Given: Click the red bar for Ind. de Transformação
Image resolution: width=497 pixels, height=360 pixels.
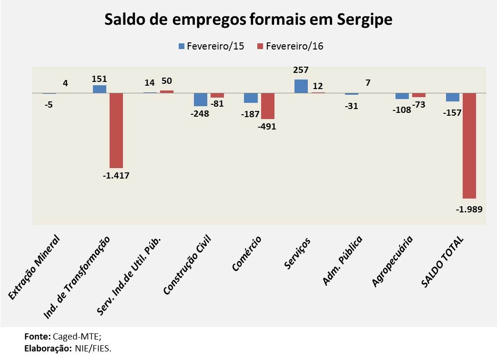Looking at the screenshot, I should [x=116, y=130].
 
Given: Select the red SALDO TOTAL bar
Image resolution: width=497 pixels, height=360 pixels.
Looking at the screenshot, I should [x=469, y=145].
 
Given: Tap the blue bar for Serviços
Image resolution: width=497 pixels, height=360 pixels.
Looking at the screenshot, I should [x=301, y=86].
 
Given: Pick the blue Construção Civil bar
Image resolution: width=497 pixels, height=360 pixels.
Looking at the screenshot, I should [x=201, y=99].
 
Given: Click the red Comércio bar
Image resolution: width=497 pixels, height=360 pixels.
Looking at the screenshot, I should [x=267, y=106].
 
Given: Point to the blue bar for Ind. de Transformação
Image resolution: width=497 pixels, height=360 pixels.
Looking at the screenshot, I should [x=100, y=89].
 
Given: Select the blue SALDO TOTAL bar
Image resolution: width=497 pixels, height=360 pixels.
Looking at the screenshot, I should [x=453, y=97].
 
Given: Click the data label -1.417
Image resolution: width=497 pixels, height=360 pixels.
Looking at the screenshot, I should [x=116, y=175].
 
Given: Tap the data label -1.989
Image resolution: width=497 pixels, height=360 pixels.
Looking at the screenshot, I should [x=469, y=209].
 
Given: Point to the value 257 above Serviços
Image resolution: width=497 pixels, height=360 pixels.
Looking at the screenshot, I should [x=301, y=70].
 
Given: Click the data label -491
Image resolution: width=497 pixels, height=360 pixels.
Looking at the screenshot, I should [x=267, y=126].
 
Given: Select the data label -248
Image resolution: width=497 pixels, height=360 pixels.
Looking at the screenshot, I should [x=200, y=114].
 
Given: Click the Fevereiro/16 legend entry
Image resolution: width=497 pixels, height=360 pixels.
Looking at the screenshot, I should [x=290, y=46].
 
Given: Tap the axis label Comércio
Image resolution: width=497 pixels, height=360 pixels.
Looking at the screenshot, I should [x=247, y=253].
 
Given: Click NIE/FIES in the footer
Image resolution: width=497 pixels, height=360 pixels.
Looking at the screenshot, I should [x=93, y=348].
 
